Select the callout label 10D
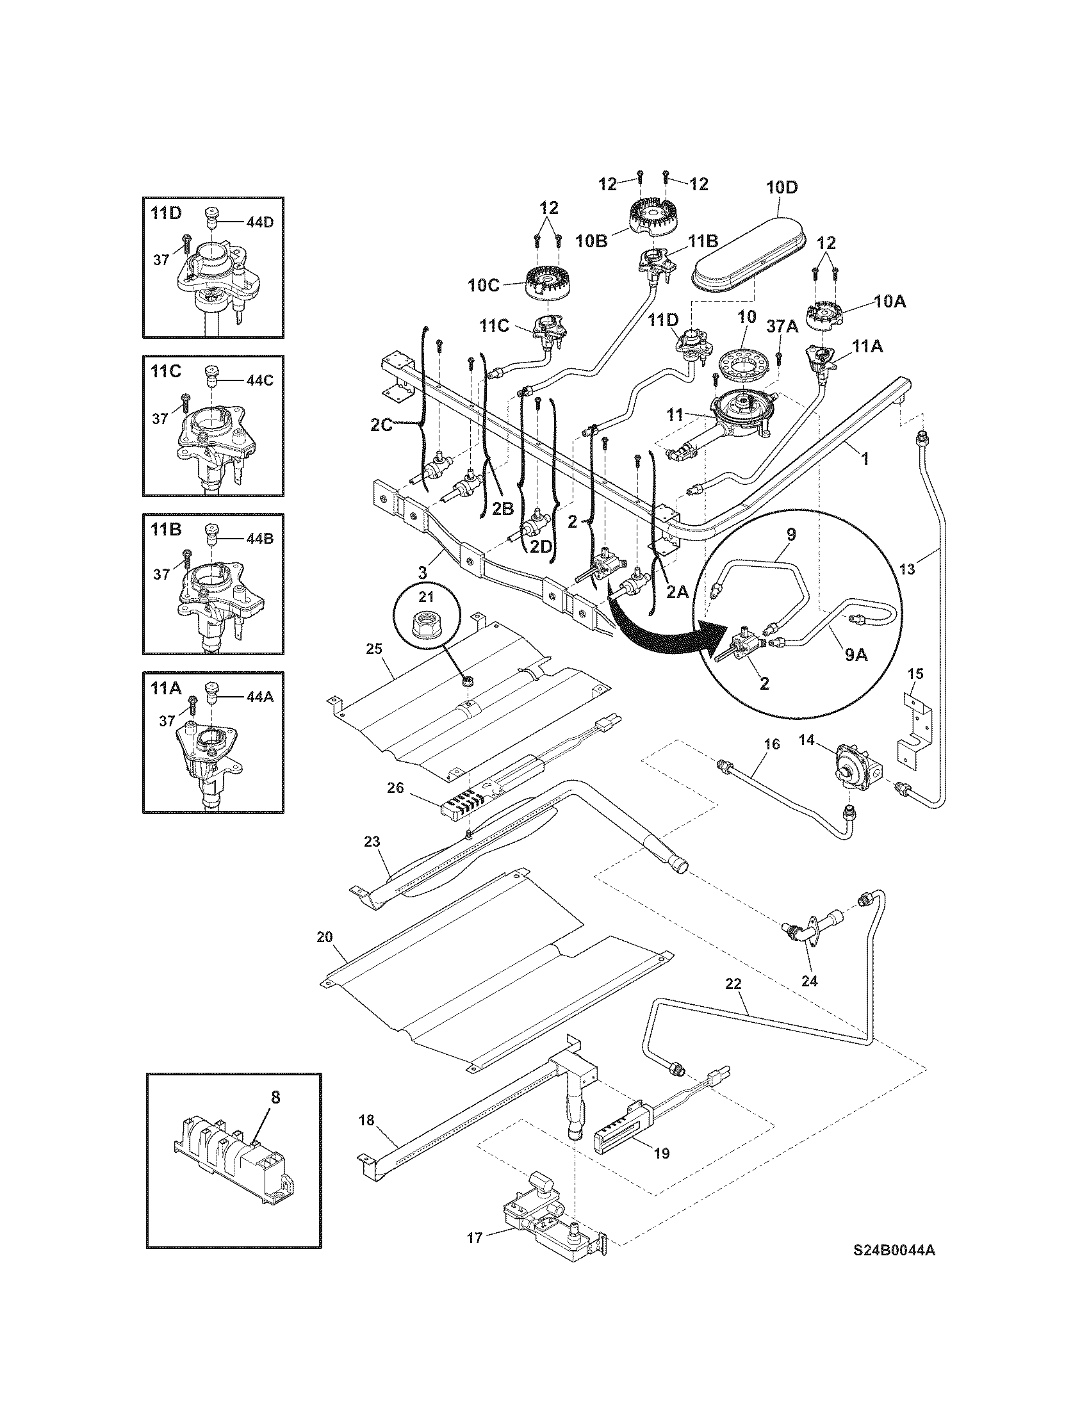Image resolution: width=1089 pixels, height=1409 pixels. pos(782,188)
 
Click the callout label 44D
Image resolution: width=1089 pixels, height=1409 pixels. pos(259,223)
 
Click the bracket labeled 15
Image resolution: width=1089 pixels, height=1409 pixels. pos(915,732)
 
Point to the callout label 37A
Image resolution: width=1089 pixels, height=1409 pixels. pos(782,327)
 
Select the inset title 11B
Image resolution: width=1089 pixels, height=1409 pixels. pos(166,530)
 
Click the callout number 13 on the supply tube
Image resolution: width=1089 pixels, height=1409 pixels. pos(907,569)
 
